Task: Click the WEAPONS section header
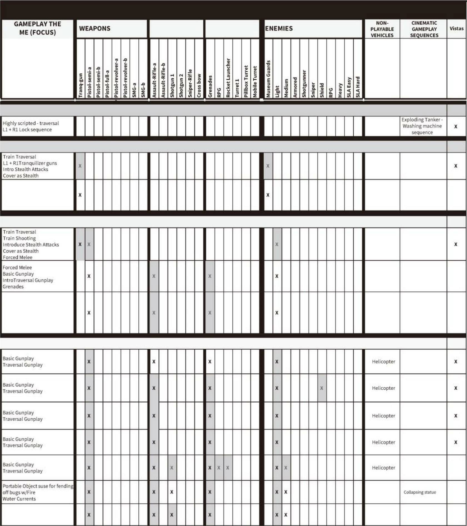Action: pyautogui.click(x=95, y=28)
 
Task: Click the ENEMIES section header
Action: pyautogui.click(x=279, y=28)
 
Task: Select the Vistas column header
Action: pyautogui.click(x=456, y=28)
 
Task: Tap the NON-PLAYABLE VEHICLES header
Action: pyautogui.click(x=382, y=29)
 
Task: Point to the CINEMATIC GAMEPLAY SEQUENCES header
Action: pyautogui.click(x=424, y=29)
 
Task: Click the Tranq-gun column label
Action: pyautogui.click(x=81, y=85)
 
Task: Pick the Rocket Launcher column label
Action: pyautogui.click(x=228, y=78)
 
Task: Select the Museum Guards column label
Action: pyautogui.click(x=268, y=79)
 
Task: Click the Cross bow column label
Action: pyautogui.click(x=199, y=85)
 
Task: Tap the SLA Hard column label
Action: pyautogui.click(x=358, y=87)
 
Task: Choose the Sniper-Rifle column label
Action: pyautogui.click(x=190, y=83)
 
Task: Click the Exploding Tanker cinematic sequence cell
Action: pyautogui.click(x=422, y=126)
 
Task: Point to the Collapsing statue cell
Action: pyautogui.click(x=420, y=492)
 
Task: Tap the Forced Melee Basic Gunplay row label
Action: pyautogui.click(x=28, y=277)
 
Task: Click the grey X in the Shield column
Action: pyautogui.click(x=321, y=388)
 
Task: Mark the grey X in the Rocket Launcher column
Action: pyautogui.click(x=228, y=468)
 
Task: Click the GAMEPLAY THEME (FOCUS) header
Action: pyautogui.click(x=38, y=28)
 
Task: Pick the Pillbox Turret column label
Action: pyautogui.click(x=246, y=81)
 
